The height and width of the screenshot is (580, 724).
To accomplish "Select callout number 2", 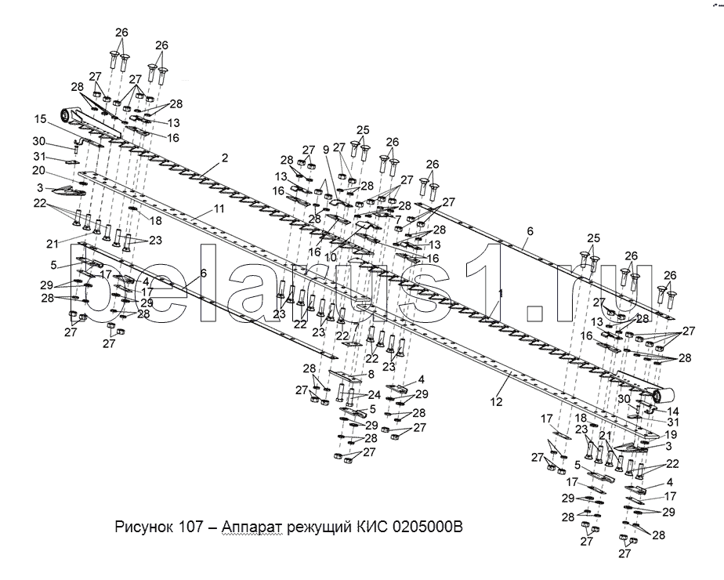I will click(224, 158).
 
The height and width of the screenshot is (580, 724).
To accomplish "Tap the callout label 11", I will click(219, 208).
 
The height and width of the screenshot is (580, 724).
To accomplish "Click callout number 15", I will click(40, 119).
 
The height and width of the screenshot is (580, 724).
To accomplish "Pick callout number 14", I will click(675, 411).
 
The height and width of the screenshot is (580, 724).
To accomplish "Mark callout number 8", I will click(371, 375).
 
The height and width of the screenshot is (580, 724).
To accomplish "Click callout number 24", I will click(375, 394).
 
